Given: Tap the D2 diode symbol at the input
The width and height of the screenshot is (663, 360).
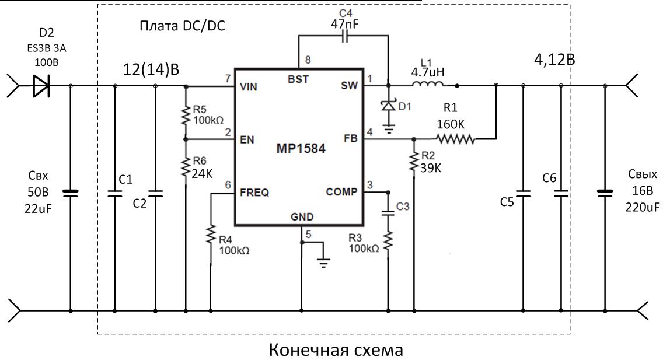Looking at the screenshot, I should point(41,86).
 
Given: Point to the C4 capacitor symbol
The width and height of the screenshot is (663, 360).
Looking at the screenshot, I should point(344,36).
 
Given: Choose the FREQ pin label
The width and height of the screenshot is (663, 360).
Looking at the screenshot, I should point(254,192).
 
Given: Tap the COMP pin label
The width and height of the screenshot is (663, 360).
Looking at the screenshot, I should point(342,192).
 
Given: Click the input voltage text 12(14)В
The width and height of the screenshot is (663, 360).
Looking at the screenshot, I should point(151,69).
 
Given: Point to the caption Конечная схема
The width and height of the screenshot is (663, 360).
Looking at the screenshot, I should point(336,351).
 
